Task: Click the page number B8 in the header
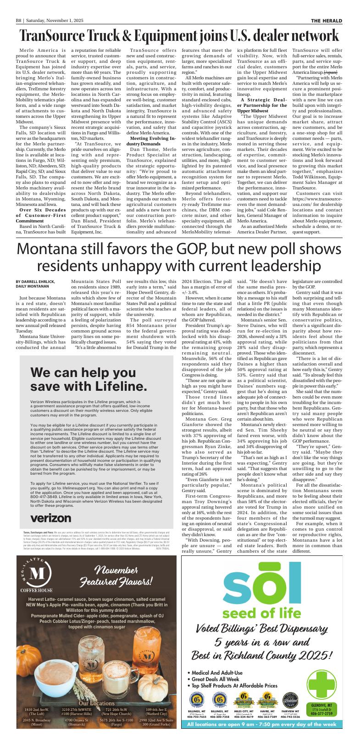[x=19, y=21]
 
